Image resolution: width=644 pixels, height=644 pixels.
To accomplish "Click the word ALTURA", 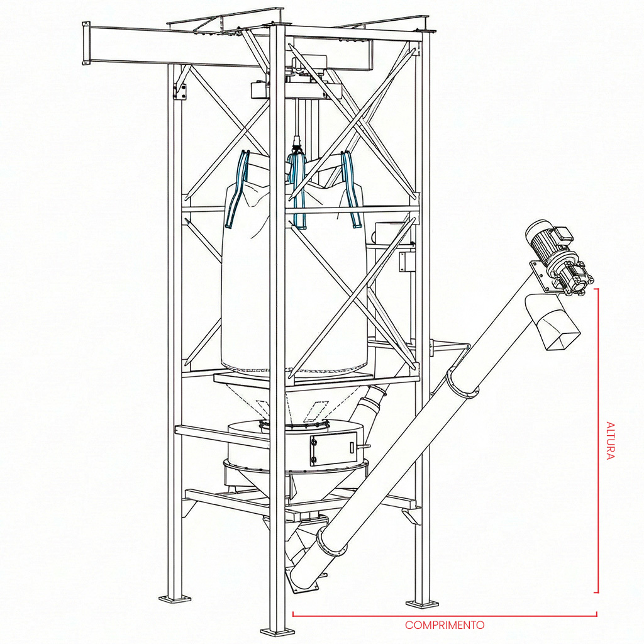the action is [610, 440].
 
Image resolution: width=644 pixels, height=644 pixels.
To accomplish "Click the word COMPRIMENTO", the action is [445, 625].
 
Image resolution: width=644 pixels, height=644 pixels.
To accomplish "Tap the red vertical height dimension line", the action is [597, 440].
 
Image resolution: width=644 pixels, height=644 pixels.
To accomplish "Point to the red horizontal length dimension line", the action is [445, 615].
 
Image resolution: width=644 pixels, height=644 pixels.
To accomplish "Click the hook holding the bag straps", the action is [296, 148].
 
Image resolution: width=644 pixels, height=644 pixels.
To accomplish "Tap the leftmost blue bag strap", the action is [236, 189].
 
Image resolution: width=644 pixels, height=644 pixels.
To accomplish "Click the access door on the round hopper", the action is [333, 449].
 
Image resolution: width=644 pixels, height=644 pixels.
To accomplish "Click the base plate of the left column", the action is [175, 599].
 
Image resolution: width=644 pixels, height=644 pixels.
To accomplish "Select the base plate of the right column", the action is [422, 603].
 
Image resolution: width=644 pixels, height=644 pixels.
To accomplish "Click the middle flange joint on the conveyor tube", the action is [462, 384].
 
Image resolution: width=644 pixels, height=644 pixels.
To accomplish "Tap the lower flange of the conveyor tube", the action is [331, 542].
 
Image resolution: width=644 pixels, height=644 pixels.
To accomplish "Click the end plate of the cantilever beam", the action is [86, 43].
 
